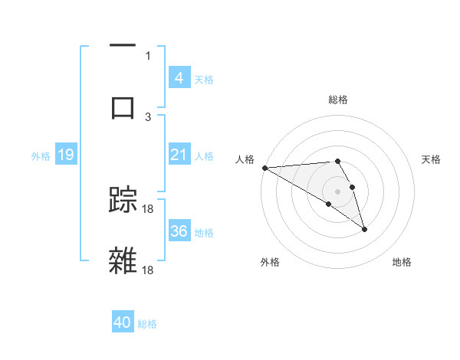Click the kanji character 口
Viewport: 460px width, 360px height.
click(x=123, y=106)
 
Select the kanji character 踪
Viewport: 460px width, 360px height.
click(x=123, y=201)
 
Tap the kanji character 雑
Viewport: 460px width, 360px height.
click(x=123, y=261)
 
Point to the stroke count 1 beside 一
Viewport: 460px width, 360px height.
click(x=148, y=55)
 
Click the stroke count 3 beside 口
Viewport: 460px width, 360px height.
click(x=148, y=116)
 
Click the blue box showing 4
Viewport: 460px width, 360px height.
click(x=179, y=77)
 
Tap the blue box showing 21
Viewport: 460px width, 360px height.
click(x=179, y=155)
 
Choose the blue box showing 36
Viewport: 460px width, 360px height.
click(x=179, y=231)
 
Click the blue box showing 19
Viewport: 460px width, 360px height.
click(x=65, y=155)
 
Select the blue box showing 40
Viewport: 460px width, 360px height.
click(x=123, y=322)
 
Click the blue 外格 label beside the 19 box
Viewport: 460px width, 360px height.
click(x=41, y=155)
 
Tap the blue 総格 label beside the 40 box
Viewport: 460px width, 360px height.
click(x=148, y=324)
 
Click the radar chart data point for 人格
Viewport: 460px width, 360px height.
click(x=264, y=168)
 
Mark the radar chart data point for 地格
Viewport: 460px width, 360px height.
click(x=364, y=229)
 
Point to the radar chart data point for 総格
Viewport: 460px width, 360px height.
click(x=337, y=162)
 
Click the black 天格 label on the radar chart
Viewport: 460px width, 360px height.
click(x=431, y=159)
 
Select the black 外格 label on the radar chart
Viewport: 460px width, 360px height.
click(x=270, y=262)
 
